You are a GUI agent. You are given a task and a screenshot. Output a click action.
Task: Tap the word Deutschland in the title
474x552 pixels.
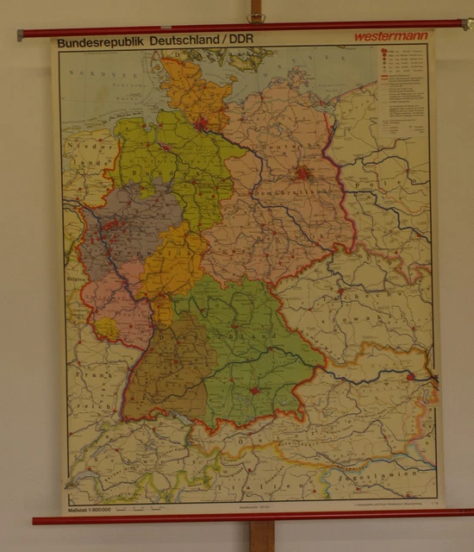coord(182,41)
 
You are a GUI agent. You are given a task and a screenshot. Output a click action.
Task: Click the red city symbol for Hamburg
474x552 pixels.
coord(202,124)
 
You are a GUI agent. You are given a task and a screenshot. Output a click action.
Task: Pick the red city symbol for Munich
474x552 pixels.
coord(255,391)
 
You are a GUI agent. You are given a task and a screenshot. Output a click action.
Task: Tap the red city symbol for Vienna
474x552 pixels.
coord(410,376)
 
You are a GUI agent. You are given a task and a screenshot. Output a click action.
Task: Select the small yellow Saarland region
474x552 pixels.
coord(108,329)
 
